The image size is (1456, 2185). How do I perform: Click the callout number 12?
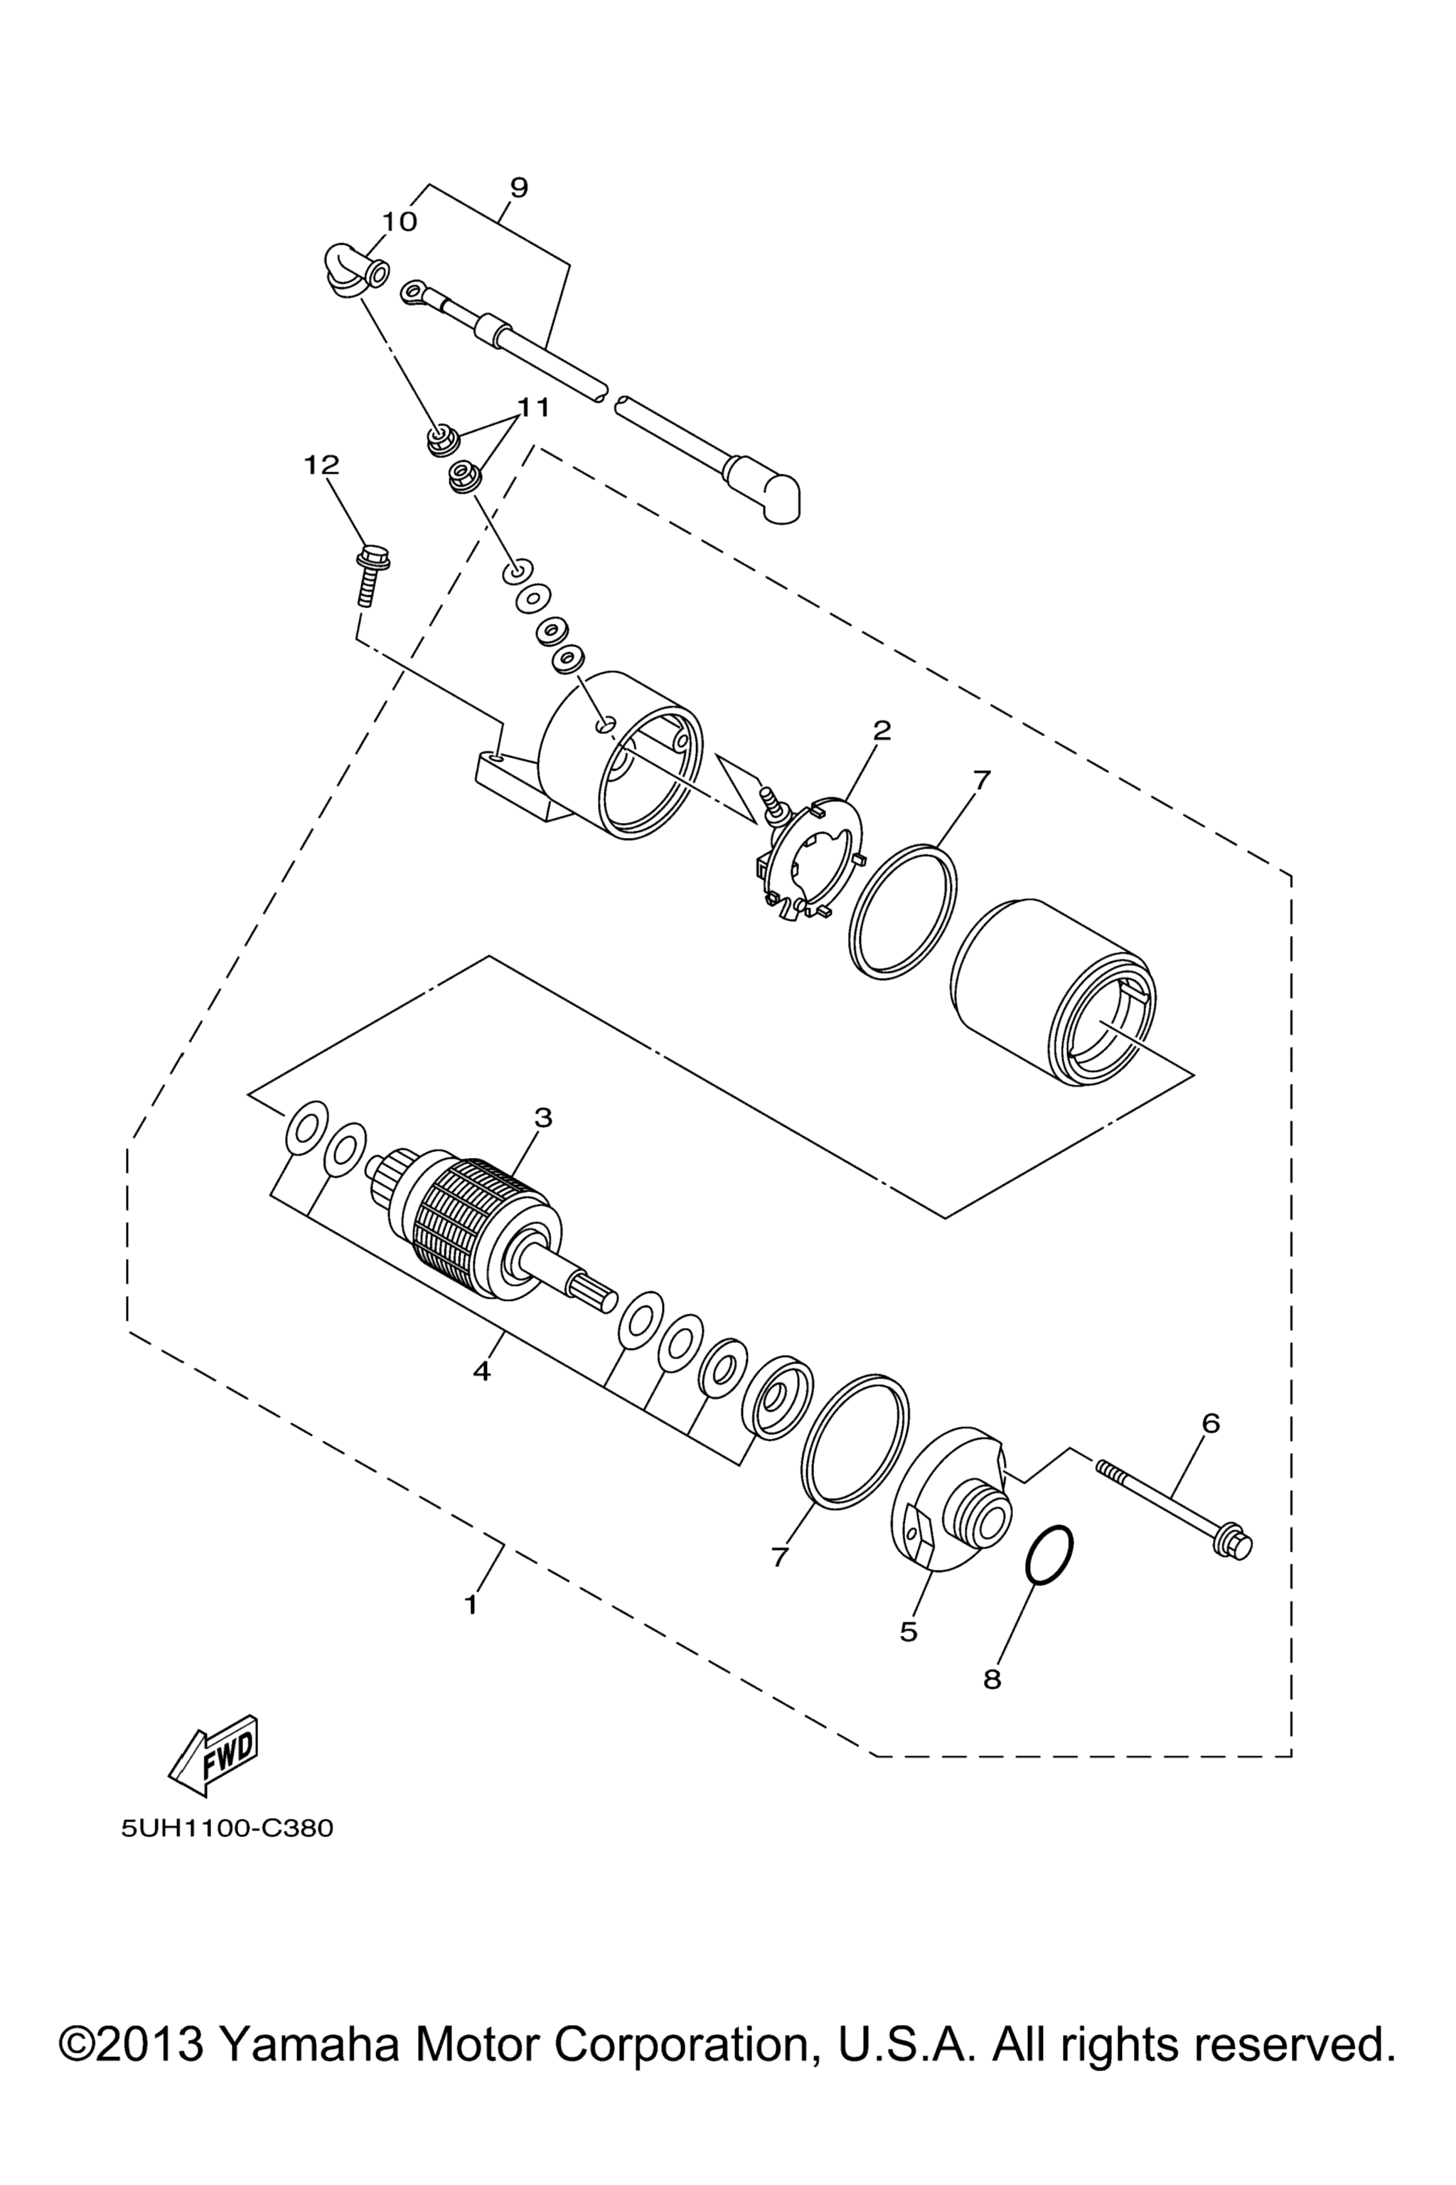[x=321, y=464]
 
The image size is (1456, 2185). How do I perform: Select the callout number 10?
[x=400, y=222]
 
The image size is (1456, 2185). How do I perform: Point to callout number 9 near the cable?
[x=519, y=187]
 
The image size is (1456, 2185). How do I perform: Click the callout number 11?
[x=534, y=407]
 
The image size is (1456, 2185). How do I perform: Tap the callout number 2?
[x=882, y=730]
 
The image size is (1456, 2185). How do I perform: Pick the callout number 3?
[x=543, y=1117]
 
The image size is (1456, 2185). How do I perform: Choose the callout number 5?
[x=908, y=1632]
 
